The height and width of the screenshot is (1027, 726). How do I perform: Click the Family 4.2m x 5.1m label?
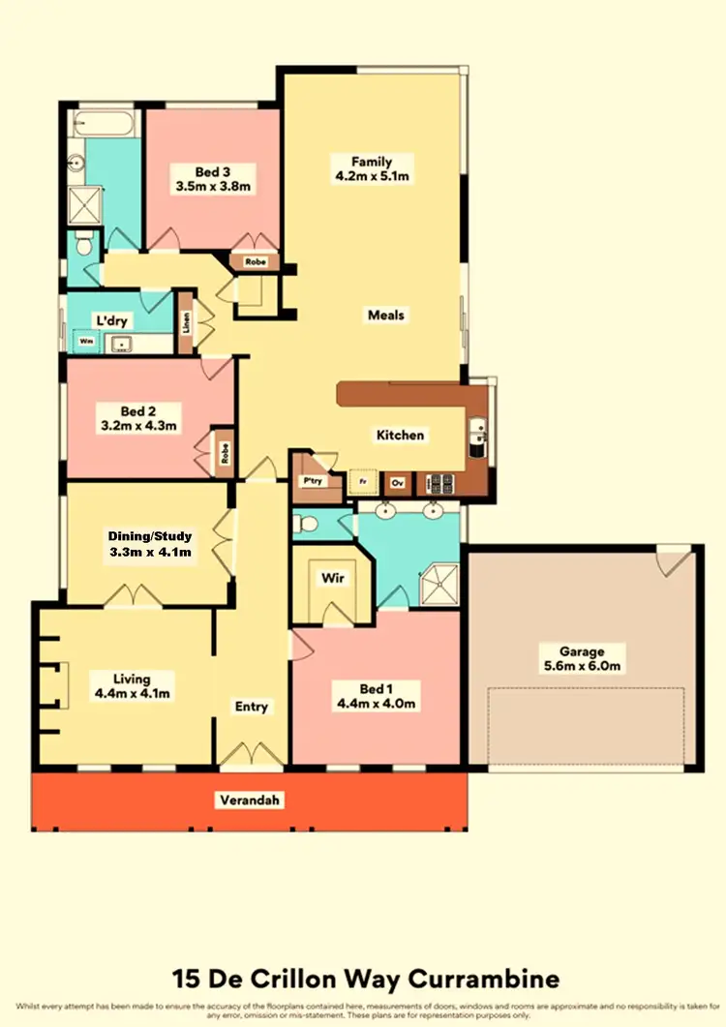[372, 168]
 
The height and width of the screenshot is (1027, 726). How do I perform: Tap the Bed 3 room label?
[213, 179]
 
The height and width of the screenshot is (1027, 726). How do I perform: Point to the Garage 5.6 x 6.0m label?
[581, 659]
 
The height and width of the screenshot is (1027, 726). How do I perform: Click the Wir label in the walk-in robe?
[331, 578]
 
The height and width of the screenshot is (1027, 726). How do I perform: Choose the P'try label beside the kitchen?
[312, 481]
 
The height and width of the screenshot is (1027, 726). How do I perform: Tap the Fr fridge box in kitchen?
[364, 481]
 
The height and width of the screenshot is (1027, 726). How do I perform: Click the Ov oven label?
[397, 481]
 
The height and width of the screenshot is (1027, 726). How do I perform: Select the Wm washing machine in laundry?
[86, 342]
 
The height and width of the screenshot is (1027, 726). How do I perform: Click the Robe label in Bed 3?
[255, 261]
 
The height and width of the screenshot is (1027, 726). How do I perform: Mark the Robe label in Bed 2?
[224, 453]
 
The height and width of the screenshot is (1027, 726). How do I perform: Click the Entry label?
[252, 707]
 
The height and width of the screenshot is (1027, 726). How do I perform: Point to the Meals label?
[386, 315]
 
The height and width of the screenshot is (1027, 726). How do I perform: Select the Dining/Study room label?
[150, 544]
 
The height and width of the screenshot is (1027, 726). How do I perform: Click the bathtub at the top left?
[104, 124]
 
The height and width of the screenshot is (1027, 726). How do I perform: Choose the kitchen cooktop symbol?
[438, 481]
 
